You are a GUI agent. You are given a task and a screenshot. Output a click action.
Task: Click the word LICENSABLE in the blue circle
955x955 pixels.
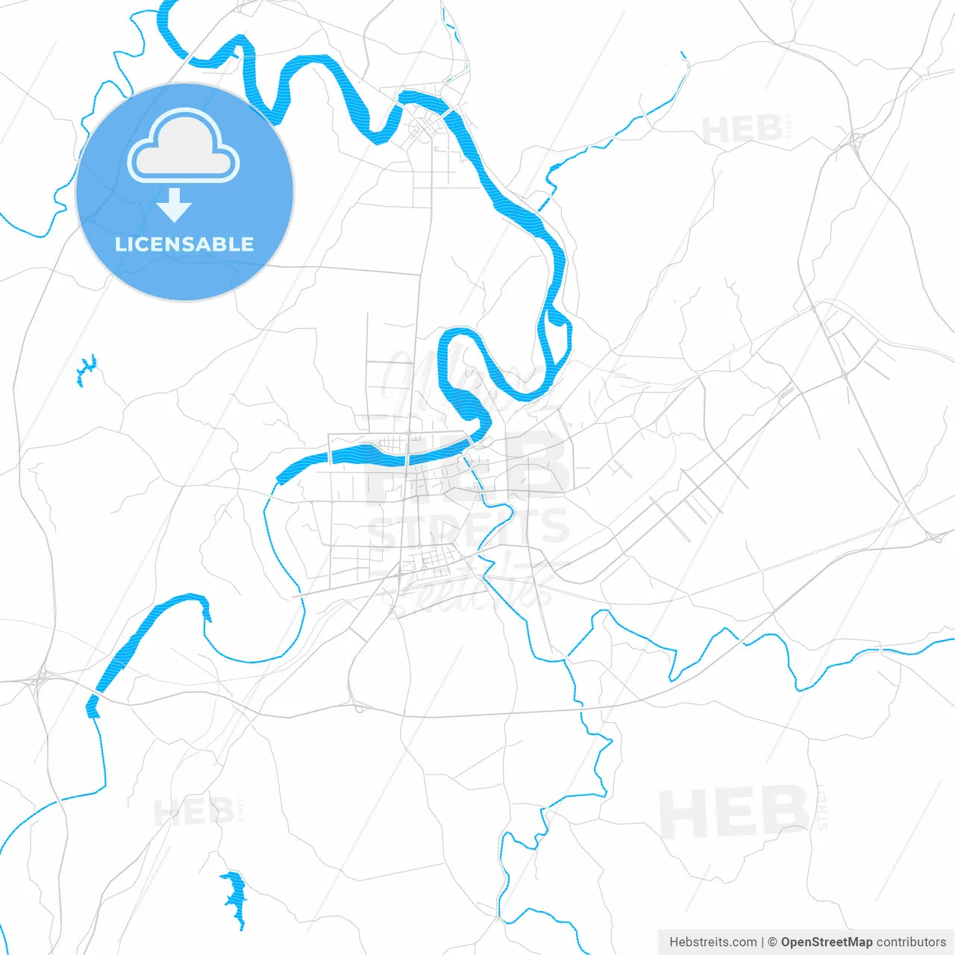[184, 245]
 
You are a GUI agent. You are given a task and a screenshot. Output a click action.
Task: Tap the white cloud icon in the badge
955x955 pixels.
[184, 146]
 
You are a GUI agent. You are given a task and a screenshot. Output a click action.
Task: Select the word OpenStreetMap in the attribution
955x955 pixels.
[826, 942]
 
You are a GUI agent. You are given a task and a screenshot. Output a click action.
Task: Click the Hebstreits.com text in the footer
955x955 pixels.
[713, 942]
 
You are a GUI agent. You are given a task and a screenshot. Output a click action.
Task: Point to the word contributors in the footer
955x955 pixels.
[910, 942]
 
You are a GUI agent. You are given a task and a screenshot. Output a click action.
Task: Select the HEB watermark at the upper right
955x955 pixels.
[742, 131]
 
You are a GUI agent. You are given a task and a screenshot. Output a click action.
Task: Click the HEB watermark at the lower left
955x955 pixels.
[194, 812]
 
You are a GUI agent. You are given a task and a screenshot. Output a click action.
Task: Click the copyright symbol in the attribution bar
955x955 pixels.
[772, 942]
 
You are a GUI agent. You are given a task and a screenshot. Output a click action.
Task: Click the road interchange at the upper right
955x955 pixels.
[856, 140]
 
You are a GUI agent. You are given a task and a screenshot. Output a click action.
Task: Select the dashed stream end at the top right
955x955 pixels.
[683, 56]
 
